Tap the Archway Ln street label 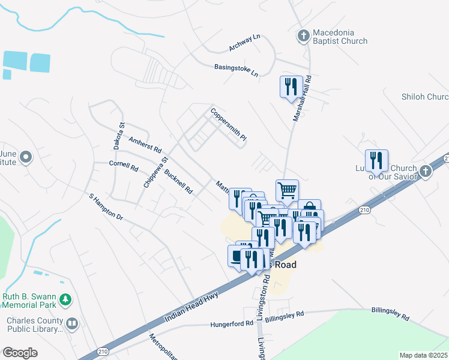(245, 43)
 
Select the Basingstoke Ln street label (236, 70)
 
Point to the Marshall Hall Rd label (302, 99)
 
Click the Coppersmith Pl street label (229, 124)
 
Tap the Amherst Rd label (146, 144)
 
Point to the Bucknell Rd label (178, 181)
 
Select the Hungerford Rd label (232, 324)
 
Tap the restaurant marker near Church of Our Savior (376, 160)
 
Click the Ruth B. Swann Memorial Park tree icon (67, 299)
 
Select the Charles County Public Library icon (72, 324)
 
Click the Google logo (20, 353)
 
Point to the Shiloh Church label (425, 97)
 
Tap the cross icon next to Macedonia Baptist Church (303, 36)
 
